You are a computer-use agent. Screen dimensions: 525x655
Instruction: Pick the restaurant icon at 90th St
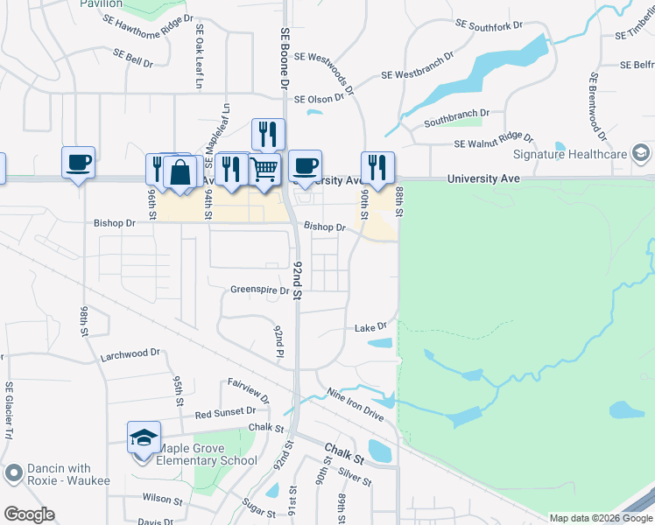point(377,166)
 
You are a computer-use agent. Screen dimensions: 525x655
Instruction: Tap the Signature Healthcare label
point(569,155)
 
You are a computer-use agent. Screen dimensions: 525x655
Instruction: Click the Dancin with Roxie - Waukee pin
point(13,474)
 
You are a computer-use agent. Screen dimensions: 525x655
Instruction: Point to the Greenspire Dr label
point(259,290)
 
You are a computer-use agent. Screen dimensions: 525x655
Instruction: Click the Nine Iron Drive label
point(355,404)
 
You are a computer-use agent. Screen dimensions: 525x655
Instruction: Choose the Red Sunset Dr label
point(224,411)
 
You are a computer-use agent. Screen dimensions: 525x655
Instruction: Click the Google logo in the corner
point(29,514)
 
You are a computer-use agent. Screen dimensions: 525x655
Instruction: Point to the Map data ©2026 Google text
point(600,518)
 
